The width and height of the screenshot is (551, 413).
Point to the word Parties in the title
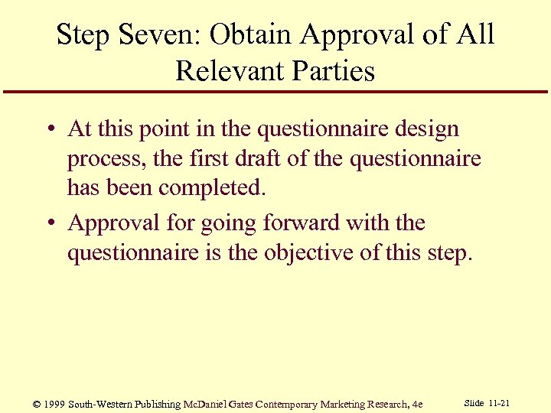(334, 72)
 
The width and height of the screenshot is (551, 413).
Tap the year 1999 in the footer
(56, 404)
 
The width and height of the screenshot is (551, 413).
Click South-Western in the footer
(101, 404)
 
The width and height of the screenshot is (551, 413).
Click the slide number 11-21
(500, 403)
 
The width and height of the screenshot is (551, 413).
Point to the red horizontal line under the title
(275, 92)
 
